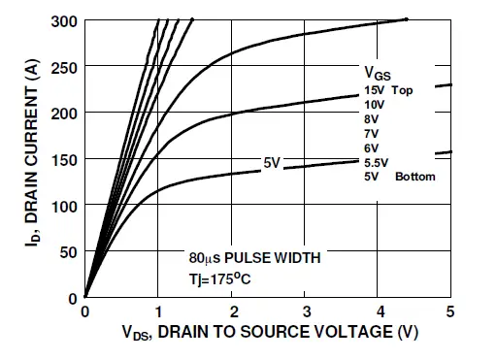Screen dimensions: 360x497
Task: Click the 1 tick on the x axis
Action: tap(158, 311)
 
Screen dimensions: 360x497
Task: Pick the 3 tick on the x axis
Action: tap(305, 311)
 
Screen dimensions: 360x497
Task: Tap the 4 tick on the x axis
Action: tap(378, 311)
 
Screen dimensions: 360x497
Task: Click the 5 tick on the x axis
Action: tap(450, 311)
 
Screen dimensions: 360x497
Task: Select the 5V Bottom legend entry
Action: tap(399, 177)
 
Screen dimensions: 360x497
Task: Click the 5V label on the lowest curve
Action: tap(272, 162)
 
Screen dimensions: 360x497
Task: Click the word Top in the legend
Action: tap(415, 89)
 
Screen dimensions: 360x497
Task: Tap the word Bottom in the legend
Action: tap(415, 177)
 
